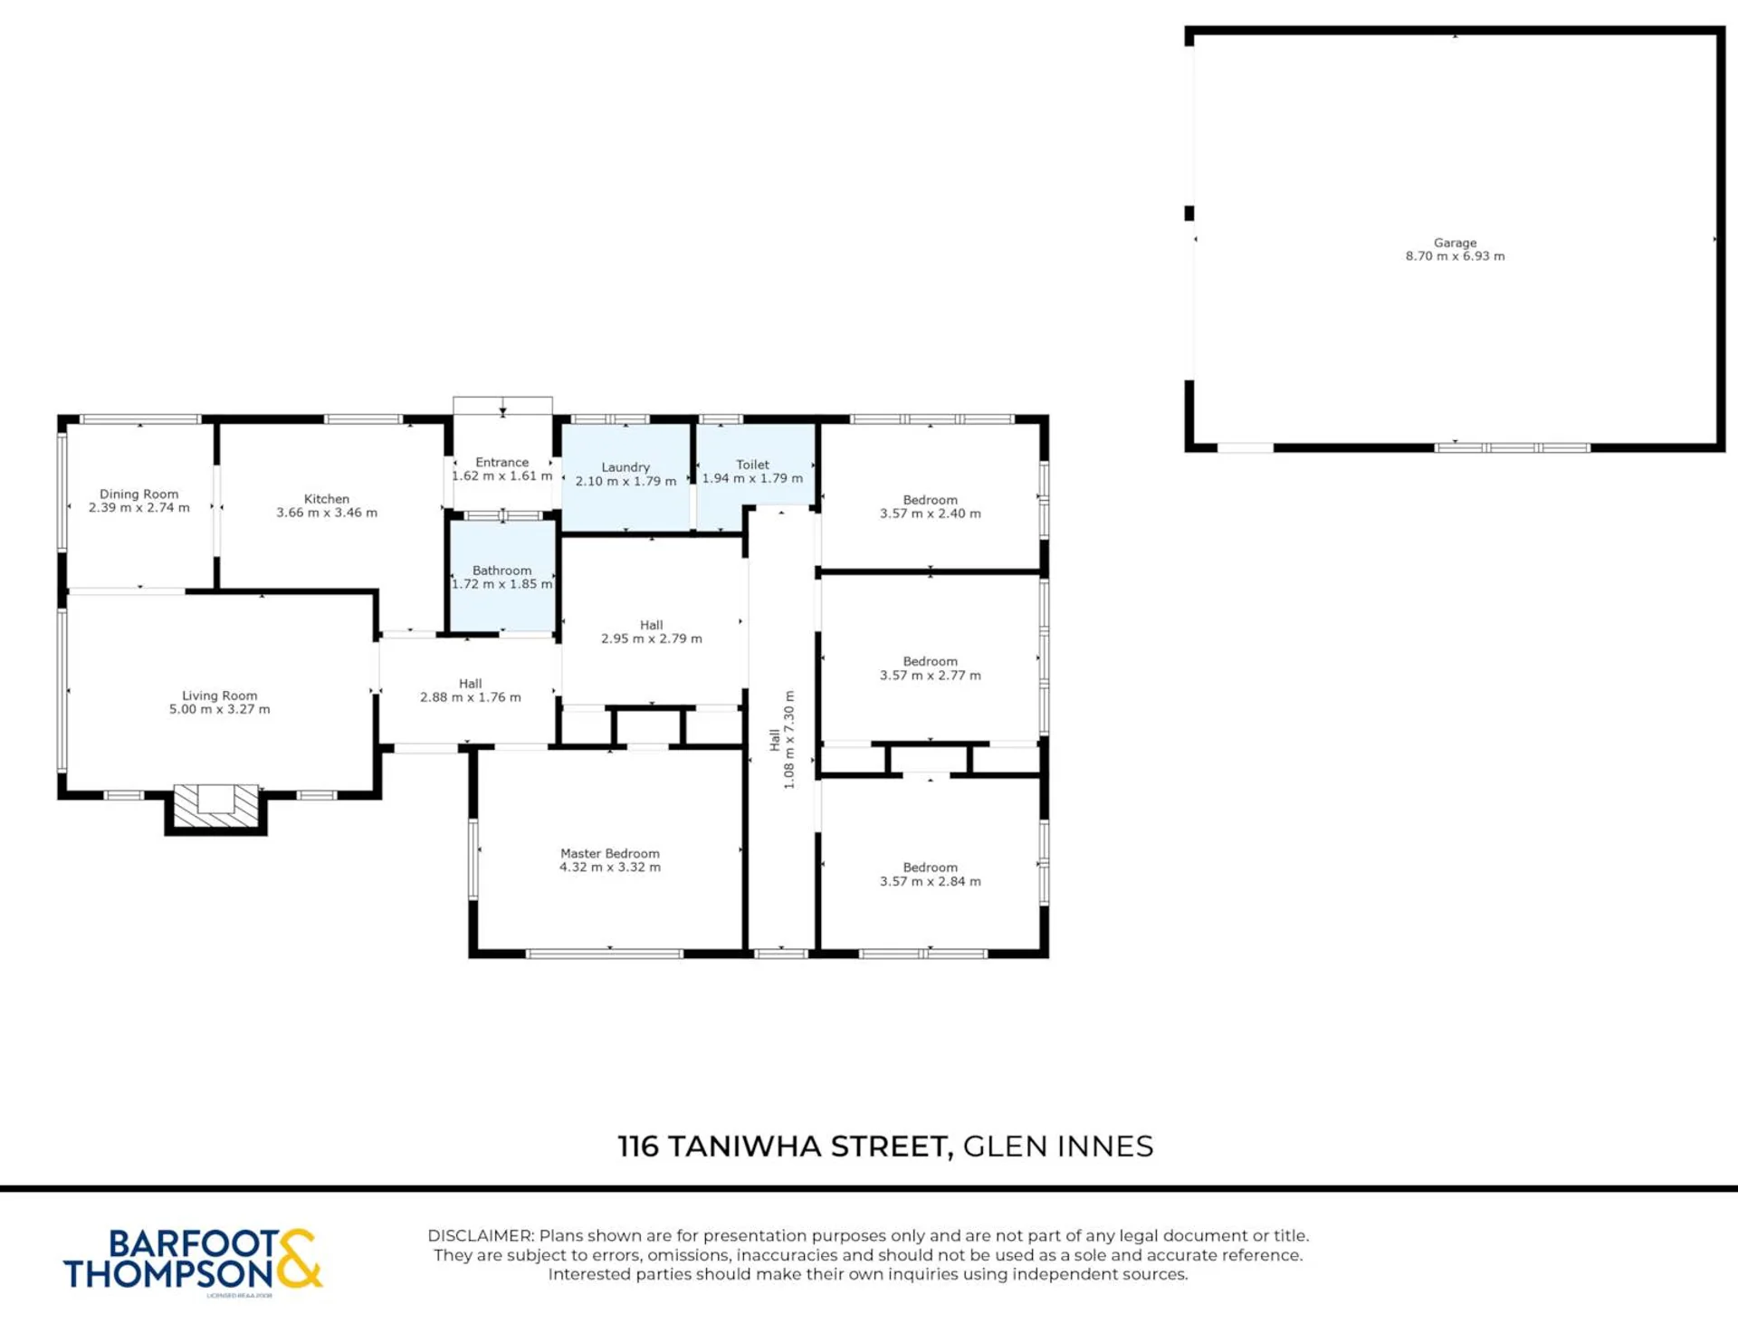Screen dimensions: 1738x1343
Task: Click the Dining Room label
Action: pyautogui.click(x=139, y=494)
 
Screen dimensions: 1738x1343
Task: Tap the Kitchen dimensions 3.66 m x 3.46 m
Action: pyautogui.click(x=327, y=513)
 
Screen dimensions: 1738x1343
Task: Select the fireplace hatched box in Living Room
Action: pyautogui.click(x=215, y=806)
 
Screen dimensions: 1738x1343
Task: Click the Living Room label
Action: pyautogui.click(x=220, y=695)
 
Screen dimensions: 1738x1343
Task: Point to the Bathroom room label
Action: pyautogui.click(x=502, y=571)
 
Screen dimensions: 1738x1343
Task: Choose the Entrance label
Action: pyautogui.click(x=502, y=462)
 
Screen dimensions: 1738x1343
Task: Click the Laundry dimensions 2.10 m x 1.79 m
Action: pyautogui.click(x=626, y=481)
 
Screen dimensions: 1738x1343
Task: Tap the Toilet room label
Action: pyautogui.click(x=753, y=465)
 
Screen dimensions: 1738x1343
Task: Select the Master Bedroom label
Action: pyautogui.click(x=610, y=853)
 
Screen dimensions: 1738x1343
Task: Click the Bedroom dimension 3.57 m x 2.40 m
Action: pyautogui.click(x=931, y=513)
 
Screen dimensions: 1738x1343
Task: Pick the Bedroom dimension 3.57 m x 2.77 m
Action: pyautogui.click(x=931, y=675)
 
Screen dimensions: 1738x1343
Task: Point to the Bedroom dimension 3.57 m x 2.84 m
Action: pyautogui.click(x=931, y=881)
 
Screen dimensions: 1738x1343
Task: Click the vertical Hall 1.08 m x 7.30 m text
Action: pyautogui.click(x=782, y=740)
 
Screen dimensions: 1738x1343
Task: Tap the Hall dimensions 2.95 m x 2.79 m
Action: pyautogui.click(x=652, y=638)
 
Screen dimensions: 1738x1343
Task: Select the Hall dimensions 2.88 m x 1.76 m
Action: pyautogui.click(x=471, y=697)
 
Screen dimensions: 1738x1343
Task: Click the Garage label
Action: pyautogui.click(x=1456, y=243)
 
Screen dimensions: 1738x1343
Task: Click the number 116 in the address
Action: pyautogui.click(x=639, y=1146)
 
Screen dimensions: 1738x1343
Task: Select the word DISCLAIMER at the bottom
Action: pyautogui.click(x=481, y=1236)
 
